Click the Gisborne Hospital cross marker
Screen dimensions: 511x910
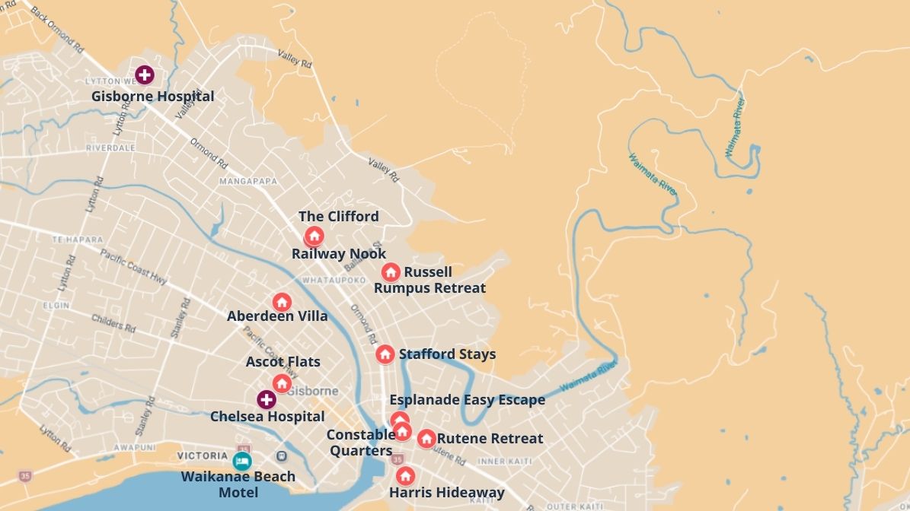click(144, 75)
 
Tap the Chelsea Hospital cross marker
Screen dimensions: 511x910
click(266, 399)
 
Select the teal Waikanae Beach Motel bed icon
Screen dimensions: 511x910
click(242, 460)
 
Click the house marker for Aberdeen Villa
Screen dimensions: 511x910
click(282, 302)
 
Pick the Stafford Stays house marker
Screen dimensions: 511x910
click(385, 354)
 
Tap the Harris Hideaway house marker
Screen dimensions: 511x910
click(405, 476)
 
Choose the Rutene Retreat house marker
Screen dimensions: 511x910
click(426, 439)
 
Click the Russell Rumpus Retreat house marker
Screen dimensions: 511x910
click(391, 272)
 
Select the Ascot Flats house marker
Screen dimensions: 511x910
click(282, 382)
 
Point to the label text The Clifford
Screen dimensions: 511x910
click(338, 217)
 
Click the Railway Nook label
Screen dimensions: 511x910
click(339, 254)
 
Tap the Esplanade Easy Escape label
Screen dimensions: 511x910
click(467, 400)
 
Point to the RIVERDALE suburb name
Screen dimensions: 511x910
click(110, 148)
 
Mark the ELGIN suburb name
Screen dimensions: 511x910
click(56, 306)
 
